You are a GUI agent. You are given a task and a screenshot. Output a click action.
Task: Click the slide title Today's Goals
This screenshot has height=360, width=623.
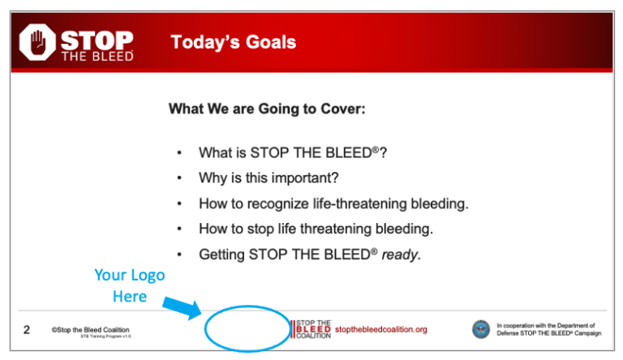click(x=234, y=42)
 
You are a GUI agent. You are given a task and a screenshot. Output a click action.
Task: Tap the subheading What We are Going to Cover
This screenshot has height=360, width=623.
click(x=266, y=108)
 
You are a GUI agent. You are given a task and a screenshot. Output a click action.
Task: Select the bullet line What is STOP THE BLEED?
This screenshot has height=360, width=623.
click(x=292, y=152)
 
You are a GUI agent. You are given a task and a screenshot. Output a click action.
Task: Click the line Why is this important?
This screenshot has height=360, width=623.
click(x=269, y=178)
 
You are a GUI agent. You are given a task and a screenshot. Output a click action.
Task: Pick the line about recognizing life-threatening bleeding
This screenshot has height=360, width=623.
click(x=333, y=203)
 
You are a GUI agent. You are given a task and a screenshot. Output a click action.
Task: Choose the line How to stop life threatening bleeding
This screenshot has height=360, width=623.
click(x=316, y=229)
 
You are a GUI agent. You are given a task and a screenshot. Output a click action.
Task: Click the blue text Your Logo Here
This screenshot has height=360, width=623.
click(x=129, y=285)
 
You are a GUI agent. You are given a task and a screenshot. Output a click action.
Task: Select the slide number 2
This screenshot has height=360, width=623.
click(x=27, y=330)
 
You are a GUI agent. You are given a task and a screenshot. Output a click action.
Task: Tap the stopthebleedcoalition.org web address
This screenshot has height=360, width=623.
click(x=380, y=329)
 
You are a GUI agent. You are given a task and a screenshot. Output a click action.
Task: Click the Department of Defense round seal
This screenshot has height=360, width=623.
click(x=481, y=329)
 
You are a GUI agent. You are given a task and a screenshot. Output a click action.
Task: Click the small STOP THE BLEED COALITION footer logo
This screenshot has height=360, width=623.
click(x=311, y=329)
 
